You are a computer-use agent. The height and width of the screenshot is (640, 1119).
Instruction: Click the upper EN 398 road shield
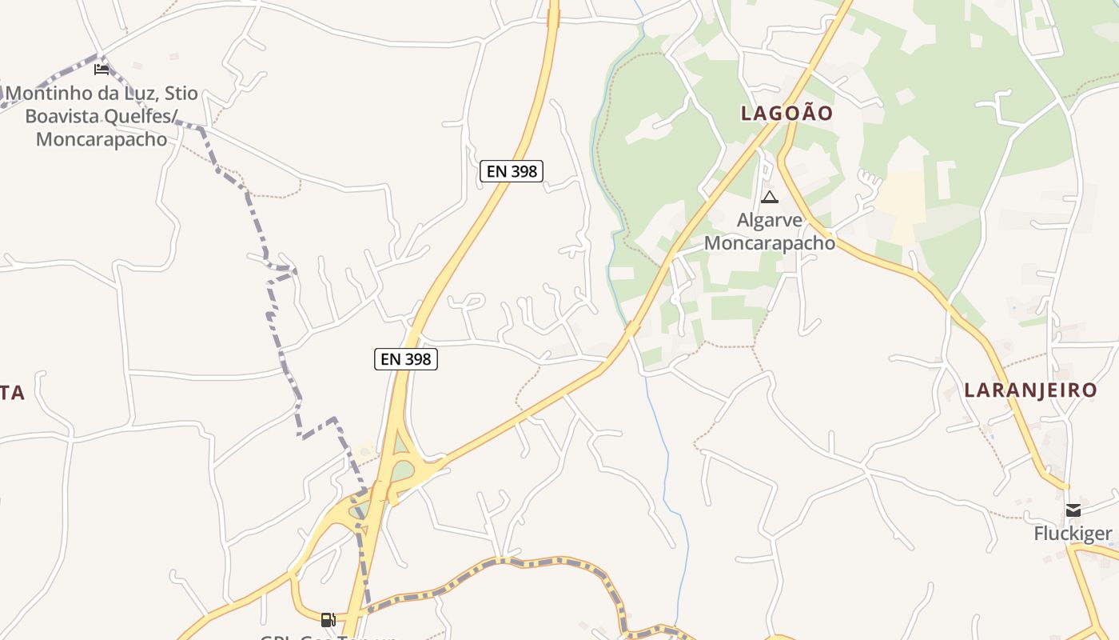click(x=512, y=170)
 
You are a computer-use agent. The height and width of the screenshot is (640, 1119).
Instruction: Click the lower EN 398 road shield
click(x=406, y=359)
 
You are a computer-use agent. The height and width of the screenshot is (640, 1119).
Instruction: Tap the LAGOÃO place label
click(x=786, y=113)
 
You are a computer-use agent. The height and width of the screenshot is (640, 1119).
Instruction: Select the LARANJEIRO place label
click(x=1030, y=390)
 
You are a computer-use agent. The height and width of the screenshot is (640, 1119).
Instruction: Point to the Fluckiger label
click(x=1073, y=534)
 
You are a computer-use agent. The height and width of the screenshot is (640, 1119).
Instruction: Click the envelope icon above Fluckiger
click(x=1073, y=510)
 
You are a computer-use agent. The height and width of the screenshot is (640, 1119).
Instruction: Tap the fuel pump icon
click(x=328, y=619)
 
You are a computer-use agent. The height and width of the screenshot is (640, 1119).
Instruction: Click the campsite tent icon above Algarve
click(x=769, y=197)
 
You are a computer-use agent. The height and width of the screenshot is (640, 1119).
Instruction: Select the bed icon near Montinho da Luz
click(x=102, y=70)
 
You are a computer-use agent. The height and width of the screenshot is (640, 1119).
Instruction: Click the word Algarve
click(x=770, y=220)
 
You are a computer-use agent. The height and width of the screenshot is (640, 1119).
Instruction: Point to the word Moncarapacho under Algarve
click(x=770, y=242)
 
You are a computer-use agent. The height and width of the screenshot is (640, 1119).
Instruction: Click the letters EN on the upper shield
click(x=496, y=170)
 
